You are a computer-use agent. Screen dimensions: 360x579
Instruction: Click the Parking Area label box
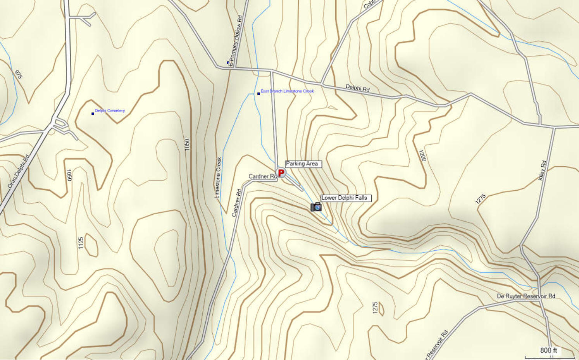303,164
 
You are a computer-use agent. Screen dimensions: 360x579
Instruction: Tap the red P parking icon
281,172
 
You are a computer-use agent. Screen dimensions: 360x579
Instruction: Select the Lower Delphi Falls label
346,198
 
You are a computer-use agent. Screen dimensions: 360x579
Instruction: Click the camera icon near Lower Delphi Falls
316,207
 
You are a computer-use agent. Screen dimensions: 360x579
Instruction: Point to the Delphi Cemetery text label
110,111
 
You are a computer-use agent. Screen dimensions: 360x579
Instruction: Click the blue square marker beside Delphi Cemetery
93,114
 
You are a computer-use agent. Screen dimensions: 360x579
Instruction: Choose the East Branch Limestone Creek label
287,91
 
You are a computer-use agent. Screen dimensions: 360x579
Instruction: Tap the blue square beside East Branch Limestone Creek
258,93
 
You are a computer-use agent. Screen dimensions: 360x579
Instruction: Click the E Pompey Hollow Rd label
236,41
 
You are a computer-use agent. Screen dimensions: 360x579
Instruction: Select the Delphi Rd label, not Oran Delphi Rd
357,88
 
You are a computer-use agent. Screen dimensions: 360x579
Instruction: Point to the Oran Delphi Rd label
19,172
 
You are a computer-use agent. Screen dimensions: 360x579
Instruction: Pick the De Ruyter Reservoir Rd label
526,296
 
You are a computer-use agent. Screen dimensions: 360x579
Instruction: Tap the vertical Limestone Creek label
218,177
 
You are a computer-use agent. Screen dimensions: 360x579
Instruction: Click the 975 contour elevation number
18,74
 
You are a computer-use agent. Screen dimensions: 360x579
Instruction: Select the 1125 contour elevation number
81,243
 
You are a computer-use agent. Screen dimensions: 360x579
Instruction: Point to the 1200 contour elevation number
422,155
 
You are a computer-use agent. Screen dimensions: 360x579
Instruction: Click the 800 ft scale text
548,350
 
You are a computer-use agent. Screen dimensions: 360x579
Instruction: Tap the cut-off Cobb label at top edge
369,4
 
